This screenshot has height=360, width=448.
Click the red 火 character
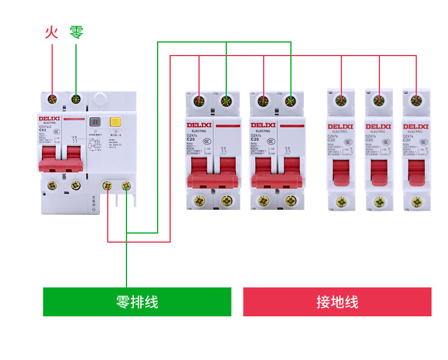click(52, 32)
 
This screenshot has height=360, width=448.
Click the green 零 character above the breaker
click(77, 32)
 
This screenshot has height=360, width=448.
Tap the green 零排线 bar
click(137, 302)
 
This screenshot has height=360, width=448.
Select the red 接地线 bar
click(337, 302)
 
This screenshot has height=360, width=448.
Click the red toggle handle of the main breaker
click(61, 159)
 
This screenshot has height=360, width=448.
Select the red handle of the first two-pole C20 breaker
click(213, 173)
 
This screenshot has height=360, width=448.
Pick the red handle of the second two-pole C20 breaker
click(277, 173)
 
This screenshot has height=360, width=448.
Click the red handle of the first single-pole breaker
click(341, 172)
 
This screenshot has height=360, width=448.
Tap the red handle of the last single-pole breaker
click(417, 172)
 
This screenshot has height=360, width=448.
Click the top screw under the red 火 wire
click(52, 100)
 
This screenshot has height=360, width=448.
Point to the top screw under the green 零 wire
click(76, 100)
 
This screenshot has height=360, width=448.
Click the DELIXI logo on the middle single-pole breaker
click(378, 126)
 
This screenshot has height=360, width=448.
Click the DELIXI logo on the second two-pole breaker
click(263, 125)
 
